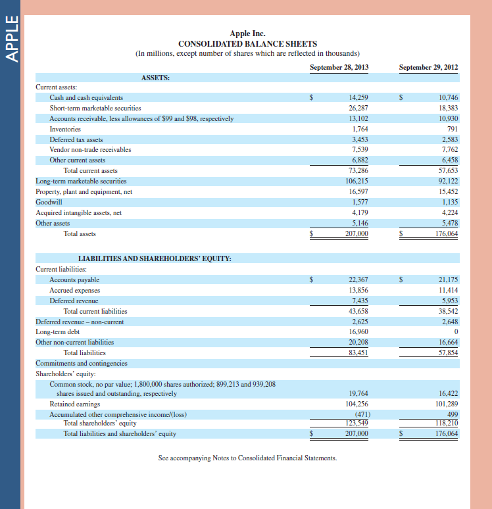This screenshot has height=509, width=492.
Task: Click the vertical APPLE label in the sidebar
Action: click(11, 41)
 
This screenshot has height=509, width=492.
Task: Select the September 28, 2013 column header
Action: click(339, 68)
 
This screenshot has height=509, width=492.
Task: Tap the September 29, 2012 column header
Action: click(428, 68)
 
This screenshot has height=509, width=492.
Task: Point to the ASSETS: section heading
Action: click(156, 78)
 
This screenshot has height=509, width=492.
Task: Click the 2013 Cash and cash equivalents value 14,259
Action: click(358, 98)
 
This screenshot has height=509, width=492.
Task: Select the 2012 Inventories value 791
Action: click(452, 129)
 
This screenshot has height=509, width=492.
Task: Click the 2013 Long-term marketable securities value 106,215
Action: click(357, 181)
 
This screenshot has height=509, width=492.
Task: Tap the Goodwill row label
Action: click(48, 202)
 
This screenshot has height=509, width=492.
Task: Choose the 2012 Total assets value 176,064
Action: click(447, 233)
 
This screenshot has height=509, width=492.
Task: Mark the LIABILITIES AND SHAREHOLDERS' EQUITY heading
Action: click(155, 258)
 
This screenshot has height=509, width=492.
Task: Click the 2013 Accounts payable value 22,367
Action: click(358, 280)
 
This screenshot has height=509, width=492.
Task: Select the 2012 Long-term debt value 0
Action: click(456, 332)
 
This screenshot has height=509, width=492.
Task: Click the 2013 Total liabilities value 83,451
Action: click(358, 352)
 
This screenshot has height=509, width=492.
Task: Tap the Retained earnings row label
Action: click(75, 404)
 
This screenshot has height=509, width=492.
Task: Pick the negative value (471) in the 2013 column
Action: click(361, 414)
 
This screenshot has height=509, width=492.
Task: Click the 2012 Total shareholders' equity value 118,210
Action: click(447, 423)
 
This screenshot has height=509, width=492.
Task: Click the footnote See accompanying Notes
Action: click(247, 458)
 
